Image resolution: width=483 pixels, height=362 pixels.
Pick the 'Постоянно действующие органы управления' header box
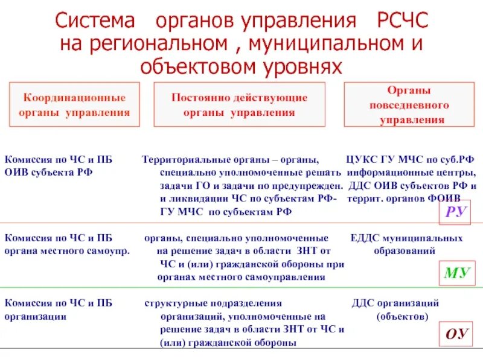pyautogui.click(x=240, y=104)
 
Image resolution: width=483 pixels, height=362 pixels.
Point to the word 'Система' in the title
pyautogui.click(x=95, y=22)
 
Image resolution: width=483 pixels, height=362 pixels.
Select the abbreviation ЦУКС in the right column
pyautogui.click(x=362, y=160)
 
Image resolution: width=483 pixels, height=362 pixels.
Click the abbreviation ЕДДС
pyautogui.click(x=364, y=238)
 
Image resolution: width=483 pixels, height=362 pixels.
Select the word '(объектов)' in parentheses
pyautogui.click(x=403, y=316)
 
